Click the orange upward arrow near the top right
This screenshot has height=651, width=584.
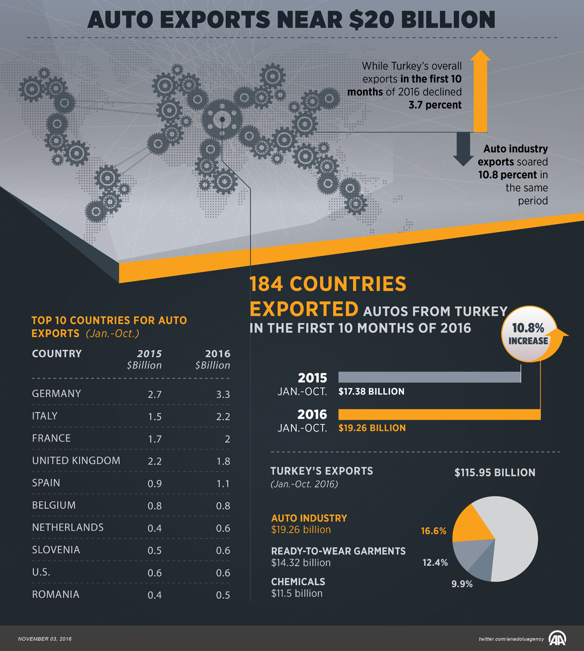click(x=480, y=92)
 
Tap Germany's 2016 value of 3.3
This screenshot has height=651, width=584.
click(x=223, y=394)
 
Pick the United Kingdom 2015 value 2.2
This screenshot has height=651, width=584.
click(x=155, y=461)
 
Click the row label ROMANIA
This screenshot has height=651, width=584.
click(x=55, y=595)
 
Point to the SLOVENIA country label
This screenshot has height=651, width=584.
click(x=56, y=550)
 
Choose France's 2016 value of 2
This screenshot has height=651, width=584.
click(x=227, y=439)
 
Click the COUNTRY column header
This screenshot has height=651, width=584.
click(x=57, y=354)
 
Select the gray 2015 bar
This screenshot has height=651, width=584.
click(x=429, y=377)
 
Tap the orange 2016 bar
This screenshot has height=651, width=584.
click(x=439, y=415)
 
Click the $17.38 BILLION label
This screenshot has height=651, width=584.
click(x=371, y=392)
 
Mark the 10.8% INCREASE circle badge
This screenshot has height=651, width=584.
click(x=529, y=334)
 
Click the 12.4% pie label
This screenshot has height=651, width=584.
click(x=435, y=562)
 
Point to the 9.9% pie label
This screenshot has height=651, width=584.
click(x=462, y=584)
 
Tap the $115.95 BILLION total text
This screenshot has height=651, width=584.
click(x=494, y=472)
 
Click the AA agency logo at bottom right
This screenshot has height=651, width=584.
click(x=557, y=638)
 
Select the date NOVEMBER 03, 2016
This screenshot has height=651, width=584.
click(x=45, y=639)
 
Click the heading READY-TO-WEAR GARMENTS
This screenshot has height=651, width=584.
click(x=338, y=551)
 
